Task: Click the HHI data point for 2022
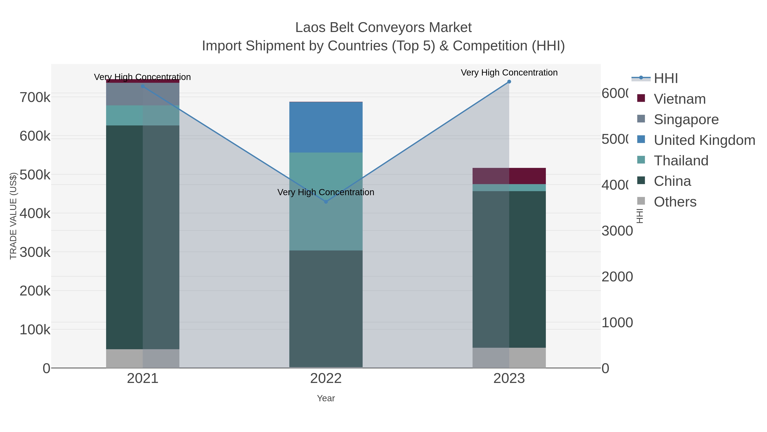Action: click(326, 202)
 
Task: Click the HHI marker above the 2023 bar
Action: click(509, 82)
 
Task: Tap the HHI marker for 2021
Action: click(143, 86)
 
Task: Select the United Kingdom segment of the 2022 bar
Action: click(326, 127)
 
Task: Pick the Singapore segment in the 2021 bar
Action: click(143, 94)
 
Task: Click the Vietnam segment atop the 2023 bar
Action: click(509, 176)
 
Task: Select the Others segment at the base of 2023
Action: click(509, 358)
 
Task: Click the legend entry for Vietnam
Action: click(679, 99)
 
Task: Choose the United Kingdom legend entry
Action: click(704, 140)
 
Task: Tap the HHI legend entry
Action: click(666, 79)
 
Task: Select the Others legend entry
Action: click(675, 202)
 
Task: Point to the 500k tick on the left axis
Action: click(35, 175)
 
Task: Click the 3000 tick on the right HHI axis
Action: click(617, 231)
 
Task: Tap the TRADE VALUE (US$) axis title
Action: click(13, 216)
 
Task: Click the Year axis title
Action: click(326, 398)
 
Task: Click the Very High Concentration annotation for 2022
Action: click(326, 192)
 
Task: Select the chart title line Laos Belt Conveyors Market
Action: click(383, 28)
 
